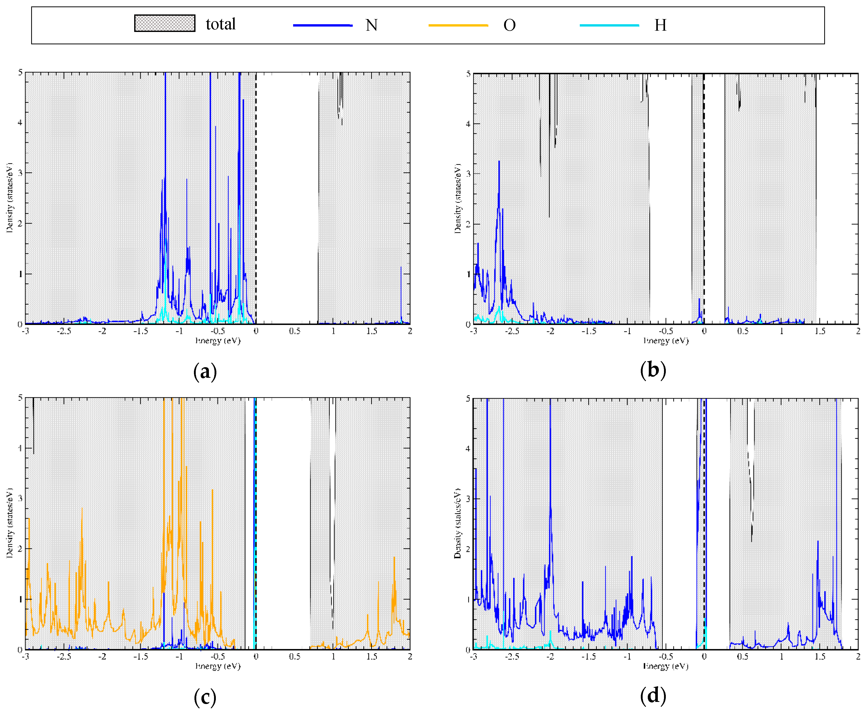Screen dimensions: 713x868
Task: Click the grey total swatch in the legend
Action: click(x=165, y=23)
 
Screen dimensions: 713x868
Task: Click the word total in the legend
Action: click(x=220, y=24)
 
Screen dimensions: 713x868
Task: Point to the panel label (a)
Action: click(x=205, y=371)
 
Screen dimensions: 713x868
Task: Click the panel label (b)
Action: click(x=653, y=370)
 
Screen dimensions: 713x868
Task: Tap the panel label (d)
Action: click(x=653, y=695)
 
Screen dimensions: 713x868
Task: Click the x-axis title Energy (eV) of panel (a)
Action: click(x=218, y=340)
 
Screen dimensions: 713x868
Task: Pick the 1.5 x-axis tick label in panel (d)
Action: click(x=820, y=656)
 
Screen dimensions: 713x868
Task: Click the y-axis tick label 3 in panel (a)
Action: click(x=20, y=173)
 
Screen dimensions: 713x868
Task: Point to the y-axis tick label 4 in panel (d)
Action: click(x=468, y=449)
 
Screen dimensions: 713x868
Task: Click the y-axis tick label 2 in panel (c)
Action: click(x=20, y=549)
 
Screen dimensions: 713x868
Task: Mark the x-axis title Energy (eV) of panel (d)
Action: click(x=666, y=666)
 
